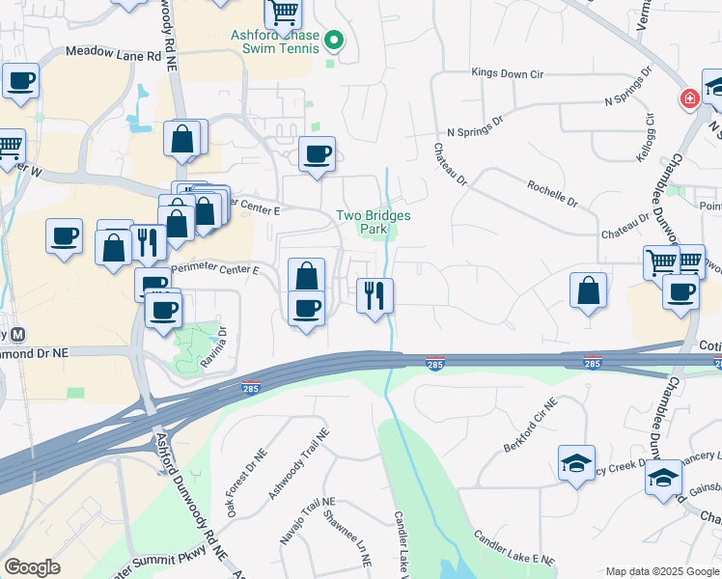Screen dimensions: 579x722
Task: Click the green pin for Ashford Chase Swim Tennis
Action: coord(334,40)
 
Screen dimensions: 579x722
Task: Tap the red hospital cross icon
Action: coord(690,98)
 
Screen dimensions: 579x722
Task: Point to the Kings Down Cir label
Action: coord(508,72)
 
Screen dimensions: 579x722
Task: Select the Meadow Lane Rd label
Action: coord(112,55)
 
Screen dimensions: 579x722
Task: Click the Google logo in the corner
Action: coord(33,566)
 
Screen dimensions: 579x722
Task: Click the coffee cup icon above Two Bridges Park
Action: coord(317,153)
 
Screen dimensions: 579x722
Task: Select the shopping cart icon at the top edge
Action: coord(283,14)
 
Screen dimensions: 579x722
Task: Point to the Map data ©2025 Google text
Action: coord(662,571)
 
